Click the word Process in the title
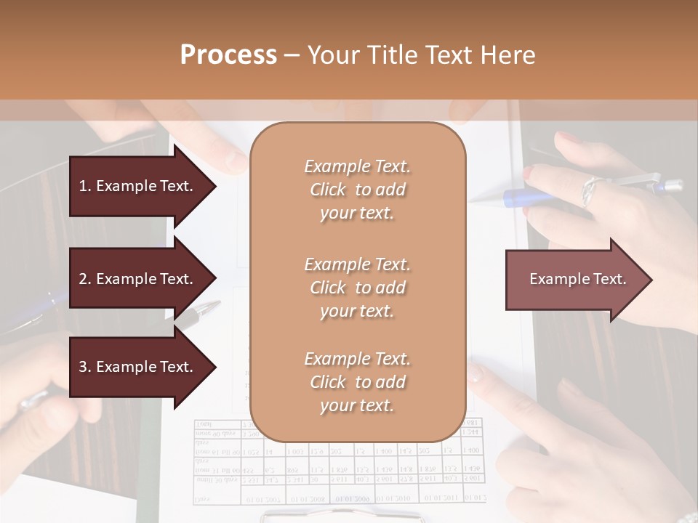(228, 55)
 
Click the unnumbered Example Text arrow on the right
(578, 279)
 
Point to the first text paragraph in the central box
(357, 190)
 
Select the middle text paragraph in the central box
(357, 288)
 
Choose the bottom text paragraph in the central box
(357, 382)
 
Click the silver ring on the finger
(590, 191)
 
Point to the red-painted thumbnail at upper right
(529, 174)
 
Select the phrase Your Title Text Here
(422, 55)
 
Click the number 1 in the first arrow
(83, 186)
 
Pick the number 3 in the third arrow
(83, 367)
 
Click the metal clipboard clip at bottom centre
(342, 516)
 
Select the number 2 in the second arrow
(83, 279)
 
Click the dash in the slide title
(292, 56)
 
